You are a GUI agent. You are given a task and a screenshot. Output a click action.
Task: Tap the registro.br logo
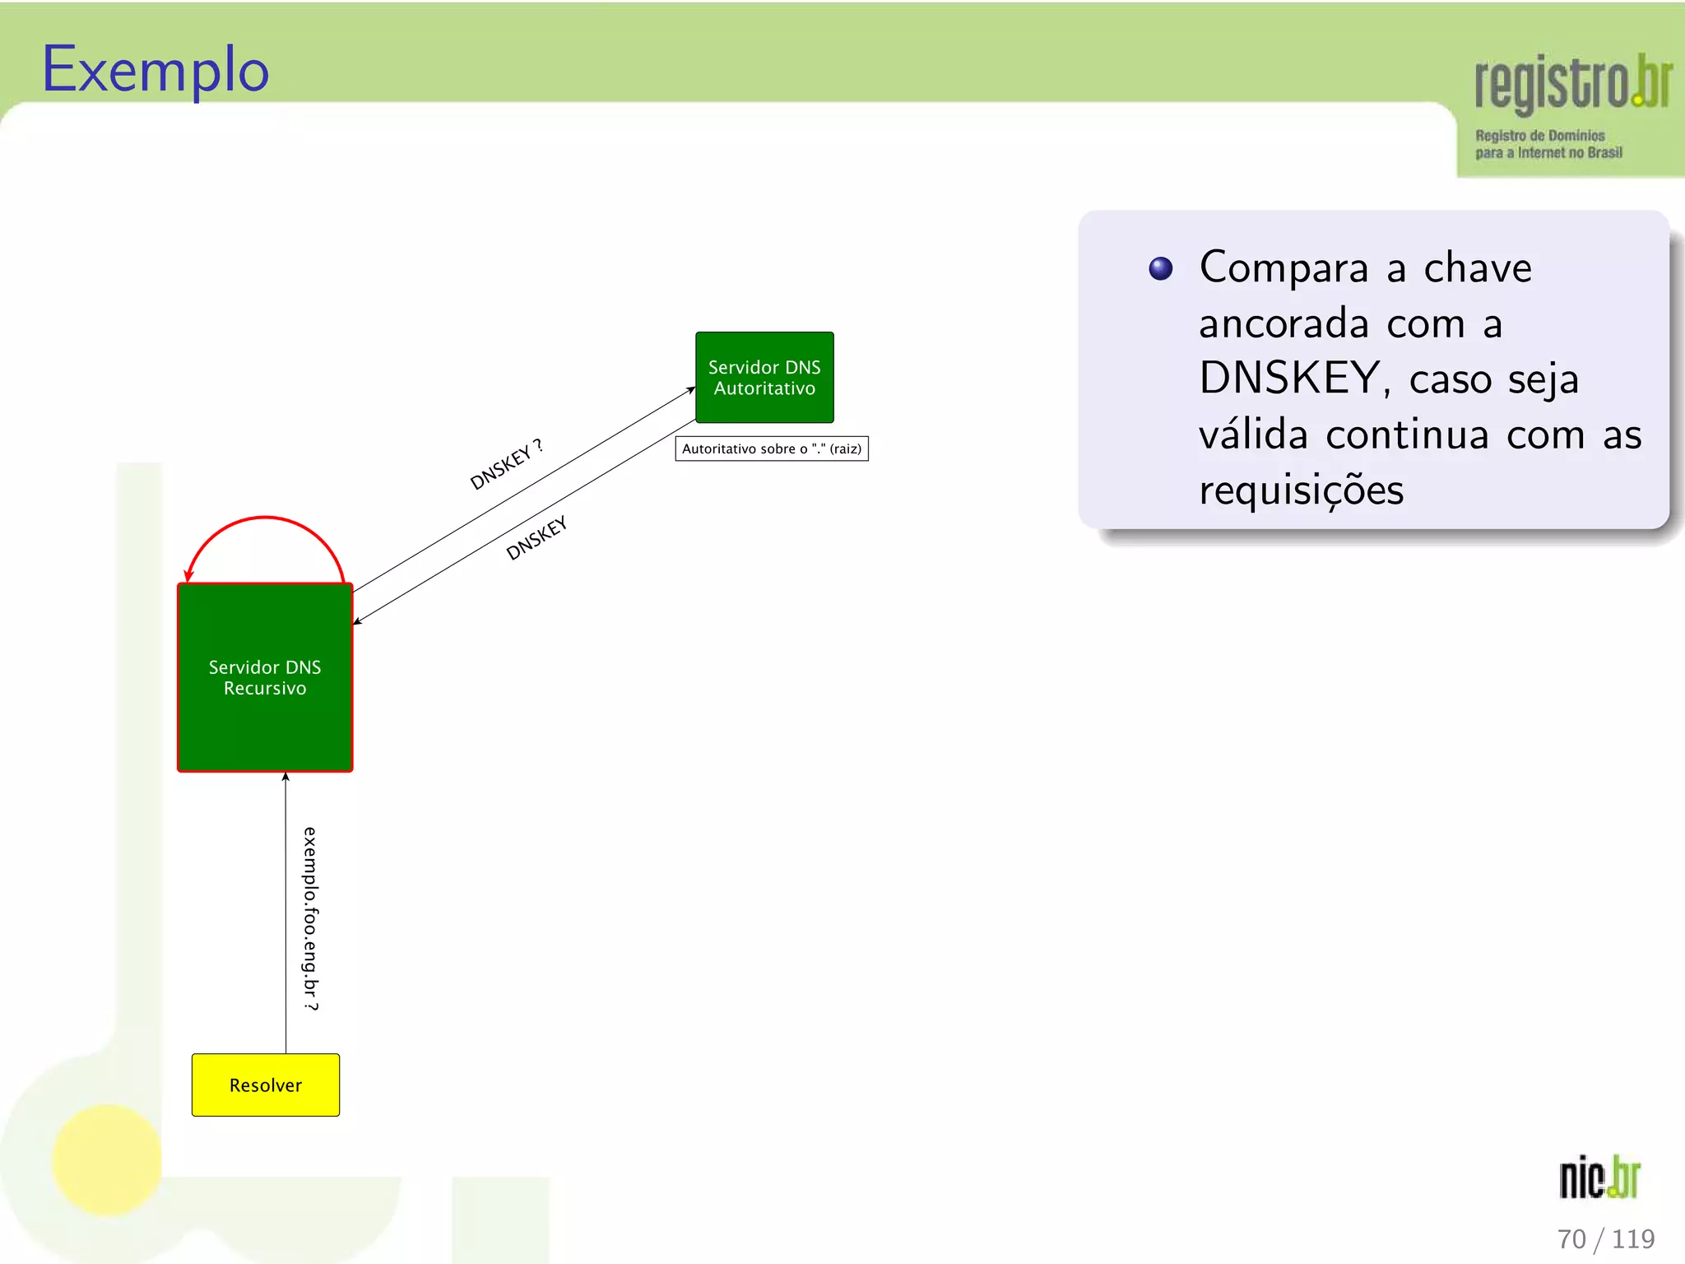coord(1572,82)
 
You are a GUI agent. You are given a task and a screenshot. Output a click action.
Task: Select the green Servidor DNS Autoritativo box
coord(764,378)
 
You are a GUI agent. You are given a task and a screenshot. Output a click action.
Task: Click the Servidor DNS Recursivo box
coord(265,677)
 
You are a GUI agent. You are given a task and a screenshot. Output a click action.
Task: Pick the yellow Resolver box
coord(265,1085)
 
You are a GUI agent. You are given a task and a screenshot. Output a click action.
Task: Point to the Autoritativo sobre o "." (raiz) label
coord(772,448)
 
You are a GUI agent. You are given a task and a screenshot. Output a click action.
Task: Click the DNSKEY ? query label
coord(506,465)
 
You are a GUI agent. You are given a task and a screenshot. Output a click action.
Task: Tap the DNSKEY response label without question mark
coord(536,538)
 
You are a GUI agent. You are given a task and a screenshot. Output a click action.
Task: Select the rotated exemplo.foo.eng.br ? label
coord(310,918)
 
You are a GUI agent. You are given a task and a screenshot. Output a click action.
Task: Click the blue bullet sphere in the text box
coord(1160,269)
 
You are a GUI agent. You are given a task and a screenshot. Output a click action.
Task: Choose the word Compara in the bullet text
coord(1283,267)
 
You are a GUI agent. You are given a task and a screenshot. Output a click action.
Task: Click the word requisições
coord(1301,490)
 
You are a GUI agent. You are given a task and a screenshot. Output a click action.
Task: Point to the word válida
coord(1253,434)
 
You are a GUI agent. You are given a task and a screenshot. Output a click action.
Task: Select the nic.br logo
coord(1599,1178)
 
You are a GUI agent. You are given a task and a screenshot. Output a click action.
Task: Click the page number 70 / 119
coord(1605,1238)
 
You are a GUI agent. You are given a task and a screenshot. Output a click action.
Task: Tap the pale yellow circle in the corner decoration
coord(107,1159)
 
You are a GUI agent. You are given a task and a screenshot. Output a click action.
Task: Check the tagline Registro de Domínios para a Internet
coord(1548,144)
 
